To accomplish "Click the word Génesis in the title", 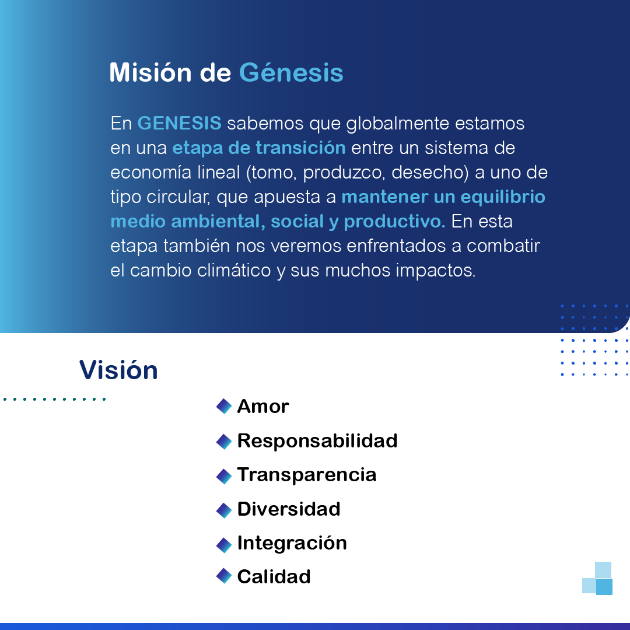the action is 291,73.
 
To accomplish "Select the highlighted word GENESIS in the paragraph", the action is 179,123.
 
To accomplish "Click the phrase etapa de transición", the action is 259,148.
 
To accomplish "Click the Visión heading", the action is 118,370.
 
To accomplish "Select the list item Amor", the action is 263,406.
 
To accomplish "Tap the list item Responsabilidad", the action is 317,441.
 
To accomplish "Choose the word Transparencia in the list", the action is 307,475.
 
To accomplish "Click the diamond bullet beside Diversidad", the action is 224,510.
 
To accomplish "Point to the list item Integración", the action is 292,543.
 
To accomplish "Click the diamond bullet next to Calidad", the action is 224,576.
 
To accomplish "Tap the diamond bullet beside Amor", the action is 224,406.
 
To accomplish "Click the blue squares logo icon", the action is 597,578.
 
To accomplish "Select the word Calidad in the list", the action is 274,577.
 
